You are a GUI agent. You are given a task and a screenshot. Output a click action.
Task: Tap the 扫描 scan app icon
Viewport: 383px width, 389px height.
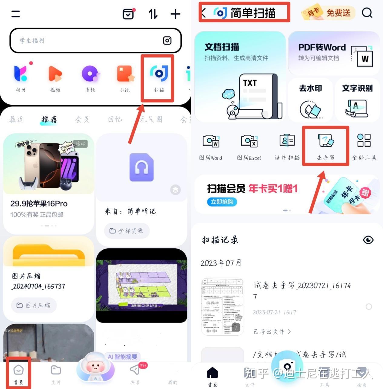(x=159, y=74)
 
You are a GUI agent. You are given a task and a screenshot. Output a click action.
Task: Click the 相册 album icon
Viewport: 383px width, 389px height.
(x=21, y=74)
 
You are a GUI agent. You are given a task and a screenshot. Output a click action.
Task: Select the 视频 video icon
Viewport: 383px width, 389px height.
(x=55, y=74)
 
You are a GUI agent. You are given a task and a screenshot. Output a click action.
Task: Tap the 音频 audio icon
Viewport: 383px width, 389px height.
(x=90, y=74)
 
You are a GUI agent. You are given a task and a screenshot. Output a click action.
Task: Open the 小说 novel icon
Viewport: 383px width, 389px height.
(x=125, y=74)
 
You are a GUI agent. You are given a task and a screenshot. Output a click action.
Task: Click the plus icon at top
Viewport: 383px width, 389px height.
(x=175, y=14)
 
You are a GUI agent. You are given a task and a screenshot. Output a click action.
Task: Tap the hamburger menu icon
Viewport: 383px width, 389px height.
(x=15, y=14)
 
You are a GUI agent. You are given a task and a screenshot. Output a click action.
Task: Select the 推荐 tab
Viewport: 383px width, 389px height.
(x=49, y=120)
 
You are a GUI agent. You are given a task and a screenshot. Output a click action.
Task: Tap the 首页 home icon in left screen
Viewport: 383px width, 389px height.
(x=18, y=370)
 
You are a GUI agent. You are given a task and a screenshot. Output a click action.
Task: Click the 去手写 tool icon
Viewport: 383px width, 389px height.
(x=325, y=141)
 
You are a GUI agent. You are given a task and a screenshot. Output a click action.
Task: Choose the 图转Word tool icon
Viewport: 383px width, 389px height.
(x=211, y=141)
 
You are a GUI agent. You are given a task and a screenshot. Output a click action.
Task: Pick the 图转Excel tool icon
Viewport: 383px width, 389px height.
(x=249, y=141)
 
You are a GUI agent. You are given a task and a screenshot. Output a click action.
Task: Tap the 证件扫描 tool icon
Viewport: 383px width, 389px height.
(x=287, y=141)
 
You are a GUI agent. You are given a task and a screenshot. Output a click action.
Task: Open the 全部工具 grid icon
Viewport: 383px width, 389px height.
(x=364, y=141)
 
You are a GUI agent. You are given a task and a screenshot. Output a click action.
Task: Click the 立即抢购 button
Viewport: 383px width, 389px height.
(x=222, y=202)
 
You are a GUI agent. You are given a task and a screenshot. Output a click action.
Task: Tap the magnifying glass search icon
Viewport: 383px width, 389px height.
(x=367, y=13)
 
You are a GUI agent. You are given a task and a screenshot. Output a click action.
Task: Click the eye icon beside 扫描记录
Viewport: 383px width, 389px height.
(x=368, y=240)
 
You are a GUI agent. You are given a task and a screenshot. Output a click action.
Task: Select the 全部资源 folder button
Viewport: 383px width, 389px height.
(x=127, y=231)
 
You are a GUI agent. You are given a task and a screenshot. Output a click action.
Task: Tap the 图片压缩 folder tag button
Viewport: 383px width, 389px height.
(x=34, y=305)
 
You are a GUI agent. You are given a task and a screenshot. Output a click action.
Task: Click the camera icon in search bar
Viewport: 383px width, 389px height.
(x=167, y=41)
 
